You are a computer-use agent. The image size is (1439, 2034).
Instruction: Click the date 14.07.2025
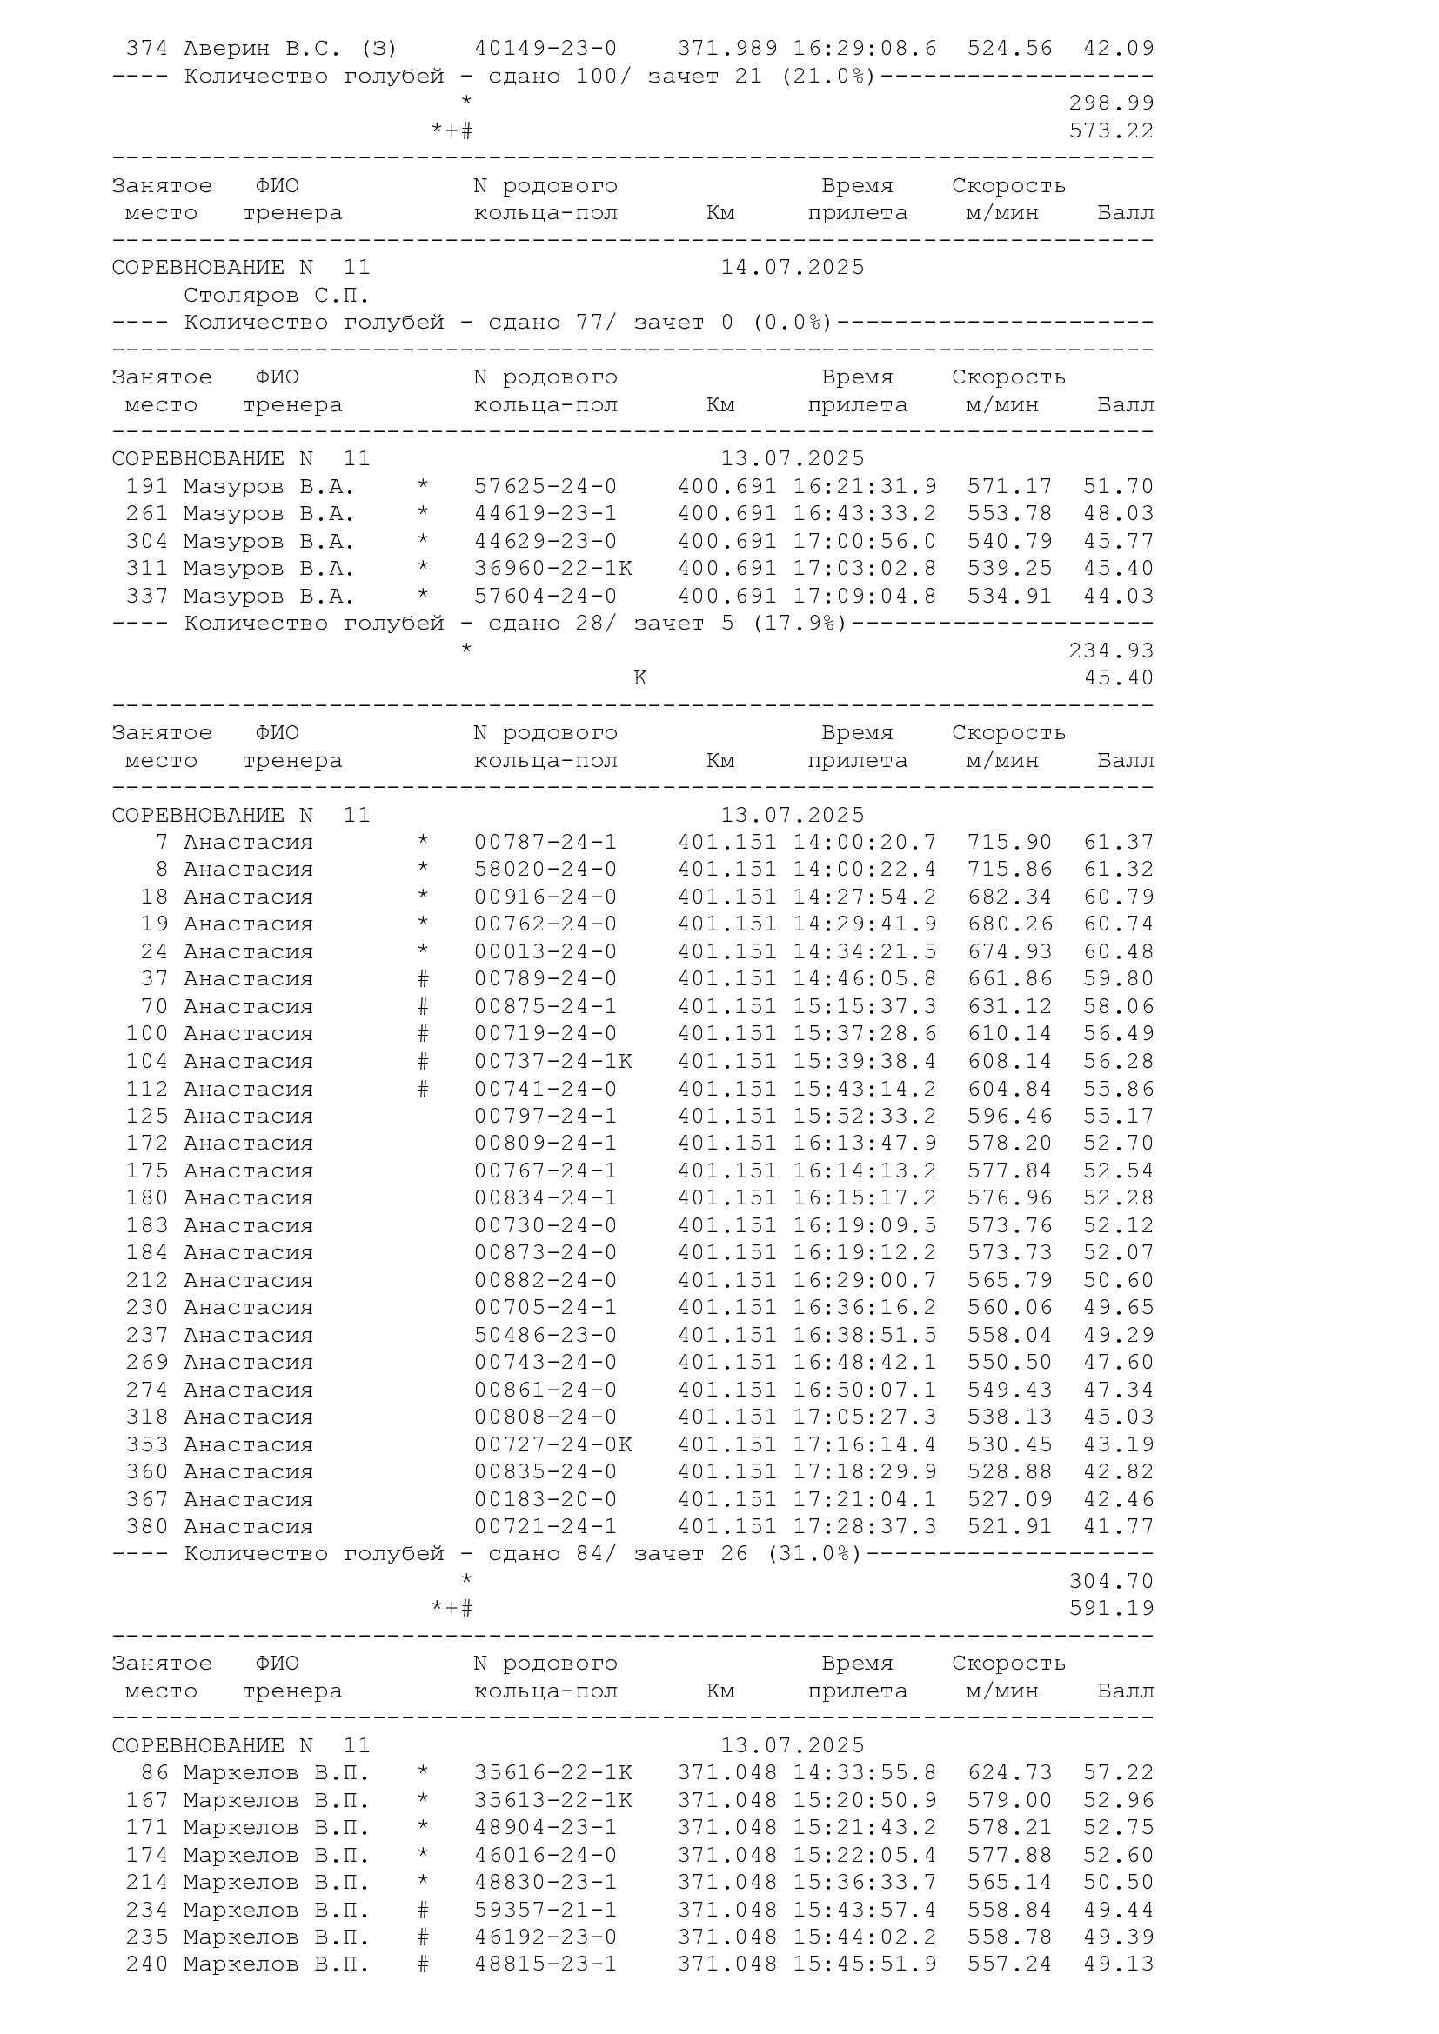[x=793, y=268]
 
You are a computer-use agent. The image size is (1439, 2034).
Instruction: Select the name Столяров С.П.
[x=276, y=295]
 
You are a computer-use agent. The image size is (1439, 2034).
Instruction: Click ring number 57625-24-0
[x=545, y=486]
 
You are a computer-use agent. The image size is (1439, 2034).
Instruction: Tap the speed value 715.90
[x=1009, y=842]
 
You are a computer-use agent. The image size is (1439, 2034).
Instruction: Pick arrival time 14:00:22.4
[x=864, y=869]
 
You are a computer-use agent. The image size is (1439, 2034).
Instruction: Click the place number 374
[x=146, y=48]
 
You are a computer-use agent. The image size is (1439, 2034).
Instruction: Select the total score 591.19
[x=1111, y=1608]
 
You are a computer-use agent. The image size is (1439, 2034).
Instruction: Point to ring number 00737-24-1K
[x=553, y=1060]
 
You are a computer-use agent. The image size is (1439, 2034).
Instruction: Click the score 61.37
[x=1118, y=842]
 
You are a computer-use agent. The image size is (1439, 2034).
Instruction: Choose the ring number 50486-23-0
[x=545, y=1335]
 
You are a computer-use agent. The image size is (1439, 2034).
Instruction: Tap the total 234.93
[x=1111, y=650]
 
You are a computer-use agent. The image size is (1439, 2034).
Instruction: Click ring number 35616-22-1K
[x=553, y=1772]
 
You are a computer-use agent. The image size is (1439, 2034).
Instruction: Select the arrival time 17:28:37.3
[x=864, y=1526]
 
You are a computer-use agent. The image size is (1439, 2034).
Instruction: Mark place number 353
[x=146, y=1444]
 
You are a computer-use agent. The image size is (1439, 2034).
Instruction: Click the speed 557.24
[x=1009, y=1964]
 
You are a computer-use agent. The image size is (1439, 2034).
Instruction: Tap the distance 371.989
[x=727, y=48]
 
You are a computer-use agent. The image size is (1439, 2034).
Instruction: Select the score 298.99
[x=1111, y=103]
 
